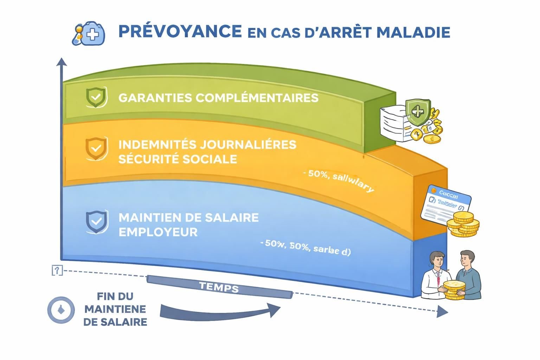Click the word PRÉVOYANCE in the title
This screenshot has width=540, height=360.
pyautogui.click(x=180, y=31)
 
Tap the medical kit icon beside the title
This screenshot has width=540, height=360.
pyautogui.click(x=89, y=34)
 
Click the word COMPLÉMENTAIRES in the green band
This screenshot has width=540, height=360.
pyautogui.click(x=257, y=97)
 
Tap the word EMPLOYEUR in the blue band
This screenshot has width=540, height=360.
pyautogui.click(x=158, y=232)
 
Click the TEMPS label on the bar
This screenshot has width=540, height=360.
pyautogui.click(x=219, y=287)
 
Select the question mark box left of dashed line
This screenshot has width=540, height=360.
pyautogui.click(x=57, y=270)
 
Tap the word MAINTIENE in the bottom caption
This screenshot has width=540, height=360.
pyautogui.click(x=115, y=309)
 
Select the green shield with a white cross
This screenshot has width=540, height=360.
pyautogui.click(x=417, y=112)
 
